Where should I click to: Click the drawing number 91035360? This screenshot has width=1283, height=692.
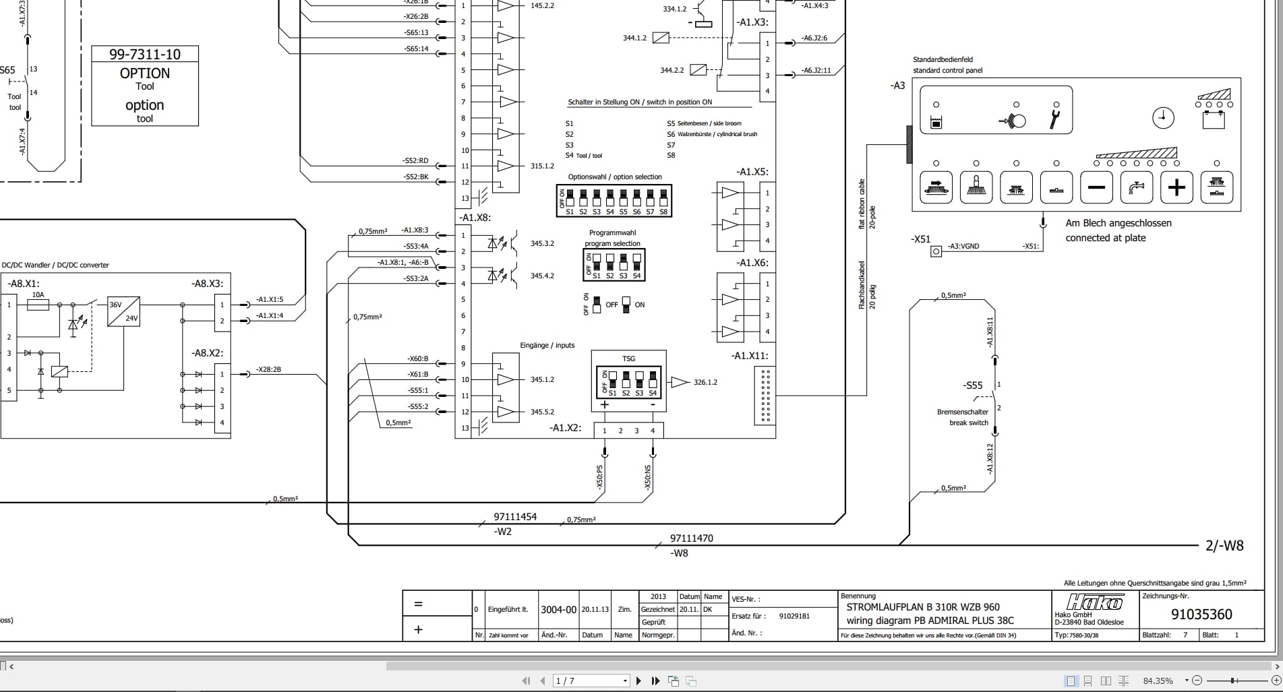coord(1201,615)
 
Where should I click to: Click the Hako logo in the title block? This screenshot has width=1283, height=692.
coord(1094,602)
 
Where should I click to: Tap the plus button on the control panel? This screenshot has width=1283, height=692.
coord(1176,187)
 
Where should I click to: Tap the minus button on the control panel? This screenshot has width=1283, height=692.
coord(1096,187)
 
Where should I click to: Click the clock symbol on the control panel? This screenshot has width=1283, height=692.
coord(1163,118)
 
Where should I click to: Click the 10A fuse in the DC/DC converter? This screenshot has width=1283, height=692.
coord(38,305)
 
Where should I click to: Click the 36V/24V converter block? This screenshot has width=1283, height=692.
coord(124,311)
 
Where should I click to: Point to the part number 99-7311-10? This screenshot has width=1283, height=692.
coord(145,55)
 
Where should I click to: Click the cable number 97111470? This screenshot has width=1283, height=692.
coord(691,538)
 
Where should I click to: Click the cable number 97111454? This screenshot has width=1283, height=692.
coord(515,517)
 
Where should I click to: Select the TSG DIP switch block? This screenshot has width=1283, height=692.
coord(628,382)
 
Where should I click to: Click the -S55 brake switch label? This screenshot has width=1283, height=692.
coord(972,385)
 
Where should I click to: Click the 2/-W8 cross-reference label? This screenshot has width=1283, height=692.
coord(1224,546)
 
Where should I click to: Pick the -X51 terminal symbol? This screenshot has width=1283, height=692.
coord(936,251)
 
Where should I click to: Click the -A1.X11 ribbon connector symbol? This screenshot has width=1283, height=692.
coord(765,396)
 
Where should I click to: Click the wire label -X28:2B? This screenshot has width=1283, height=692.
coord(268,369)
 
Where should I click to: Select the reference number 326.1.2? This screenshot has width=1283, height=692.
coord(705,382)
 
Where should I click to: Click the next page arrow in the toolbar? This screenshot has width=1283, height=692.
coord(638,681)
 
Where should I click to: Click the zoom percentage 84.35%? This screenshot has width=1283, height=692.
coord(1158,681)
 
